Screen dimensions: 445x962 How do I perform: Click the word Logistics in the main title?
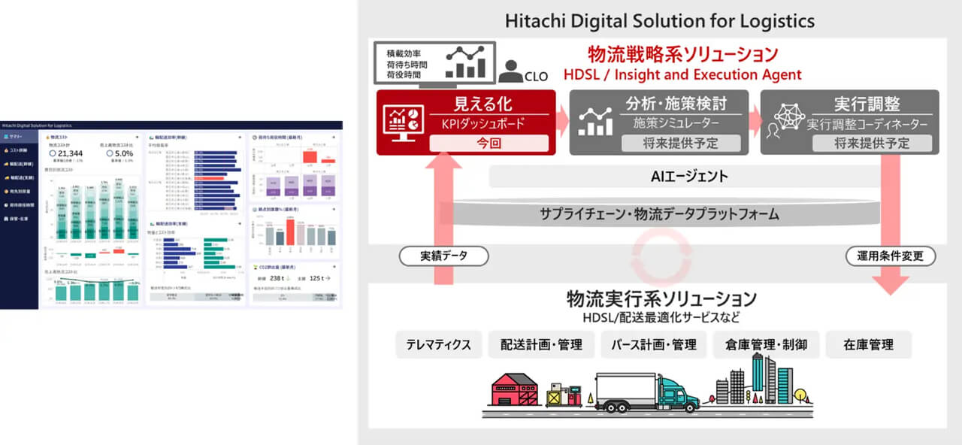[x=772, y=20]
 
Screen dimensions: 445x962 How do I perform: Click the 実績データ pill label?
[x=443, y=256]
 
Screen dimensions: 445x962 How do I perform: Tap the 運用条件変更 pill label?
[x=891, y=256]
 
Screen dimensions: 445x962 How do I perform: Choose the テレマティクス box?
[x=439, y=344]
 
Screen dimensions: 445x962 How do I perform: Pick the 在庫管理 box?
[x=868, y=344]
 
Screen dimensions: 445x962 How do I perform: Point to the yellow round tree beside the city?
[x=801, y=393]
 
